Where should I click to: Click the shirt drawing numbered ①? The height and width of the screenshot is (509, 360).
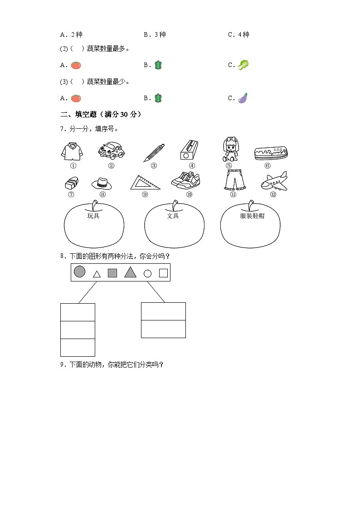pos(72,150)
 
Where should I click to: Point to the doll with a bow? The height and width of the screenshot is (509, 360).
pos(229,150)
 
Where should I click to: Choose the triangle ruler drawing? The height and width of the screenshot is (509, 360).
pos(145,182)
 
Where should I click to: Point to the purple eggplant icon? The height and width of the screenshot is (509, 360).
pos(243,98)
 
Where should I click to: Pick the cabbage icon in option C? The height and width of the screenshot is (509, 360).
pos(244,65)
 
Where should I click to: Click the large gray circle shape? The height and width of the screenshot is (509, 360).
pos(80,271)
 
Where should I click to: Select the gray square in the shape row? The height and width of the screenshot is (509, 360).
pos(112,273)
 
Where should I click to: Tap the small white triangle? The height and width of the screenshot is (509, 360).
pos(97,274)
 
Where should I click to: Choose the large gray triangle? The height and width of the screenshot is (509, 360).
pos(130,272)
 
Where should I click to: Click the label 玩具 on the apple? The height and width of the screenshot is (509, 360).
pos(93,216)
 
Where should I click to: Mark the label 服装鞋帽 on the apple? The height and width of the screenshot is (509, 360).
pos(252,216)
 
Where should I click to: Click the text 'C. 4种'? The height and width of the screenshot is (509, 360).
pos(238,34)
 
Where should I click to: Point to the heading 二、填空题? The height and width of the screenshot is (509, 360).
pos(80,114)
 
